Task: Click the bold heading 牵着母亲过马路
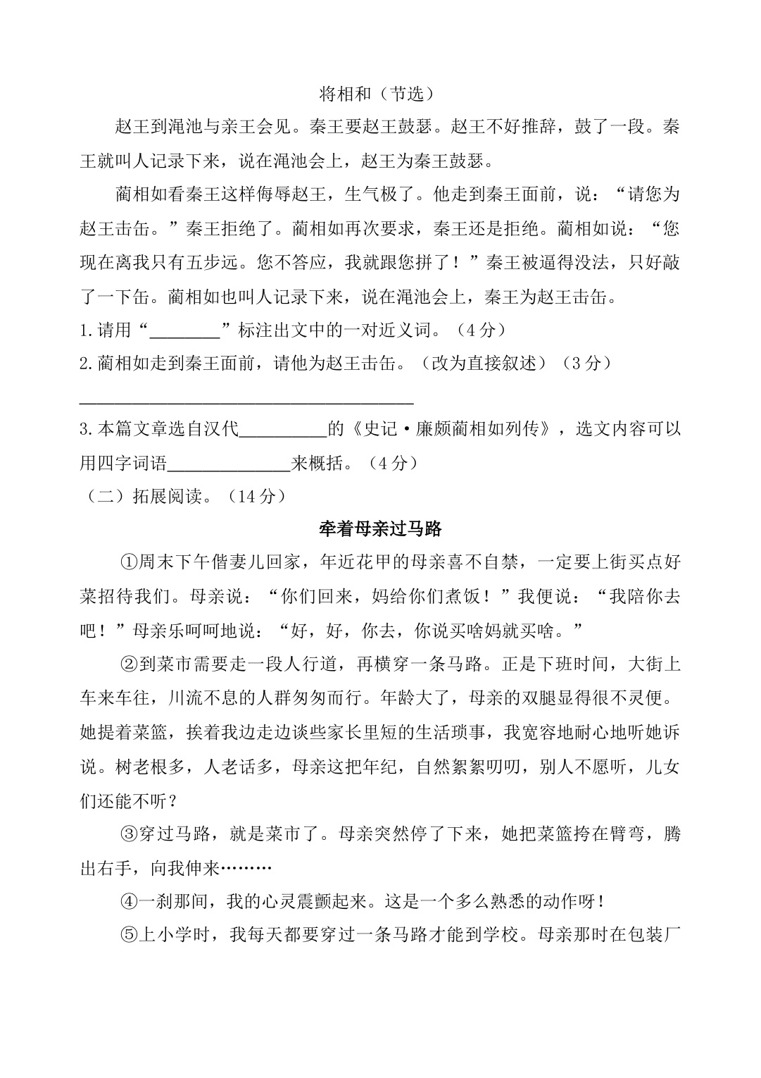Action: coord(380,528)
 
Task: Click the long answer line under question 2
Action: coord(246,403)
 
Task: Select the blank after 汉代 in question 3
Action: coord(284,429)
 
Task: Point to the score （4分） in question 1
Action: coord(481,329)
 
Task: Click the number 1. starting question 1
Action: coord(87,330)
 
